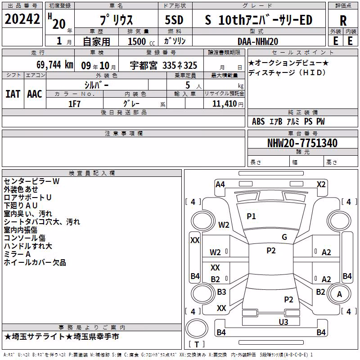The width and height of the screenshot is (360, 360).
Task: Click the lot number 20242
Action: pos(22,19)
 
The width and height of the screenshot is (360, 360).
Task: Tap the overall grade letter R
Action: pos(343,21)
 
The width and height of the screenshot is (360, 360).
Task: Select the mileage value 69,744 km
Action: pos(55,65)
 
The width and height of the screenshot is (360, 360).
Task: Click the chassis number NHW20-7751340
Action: pos(302,143)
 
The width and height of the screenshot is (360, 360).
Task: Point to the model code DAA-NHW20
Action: pos(258,41)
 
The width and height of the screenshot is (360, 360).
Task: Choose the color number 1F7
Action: pos(74,104)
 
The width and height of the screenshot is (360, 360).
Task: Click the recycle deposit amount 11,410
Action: pos(225,104)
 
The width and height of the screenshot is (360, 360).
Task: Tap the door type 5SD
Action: pos(174,20)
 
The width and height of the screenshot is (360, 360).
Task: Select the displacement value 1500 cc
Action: pos(141,41)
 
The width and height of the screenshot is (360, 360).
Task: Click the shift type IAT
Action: pos(13,94)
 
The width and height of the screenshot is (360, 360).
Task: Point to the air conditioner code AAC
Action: pos(35,94)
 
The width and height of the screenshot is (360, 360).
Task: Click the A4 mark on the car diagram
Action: pos(220,184)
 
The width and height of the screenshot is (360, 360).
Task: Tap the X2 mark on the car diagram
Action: pos(321,184)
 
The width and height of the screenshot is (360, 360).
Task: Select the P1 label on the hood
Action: pos(251,216)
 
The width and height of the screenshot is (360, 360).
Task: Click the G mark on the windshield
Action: pos(284,237)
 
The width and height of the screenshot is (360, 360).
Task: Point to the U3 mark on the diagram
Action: pos(283,322)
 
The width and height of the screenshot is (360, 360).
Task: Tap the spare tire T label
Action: pos(197,344)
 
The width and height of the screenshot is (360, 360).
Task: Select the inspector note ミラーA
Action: pos(17,254)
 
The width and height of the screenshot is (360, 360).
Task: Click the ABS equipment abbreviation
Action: pos(258,121)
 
